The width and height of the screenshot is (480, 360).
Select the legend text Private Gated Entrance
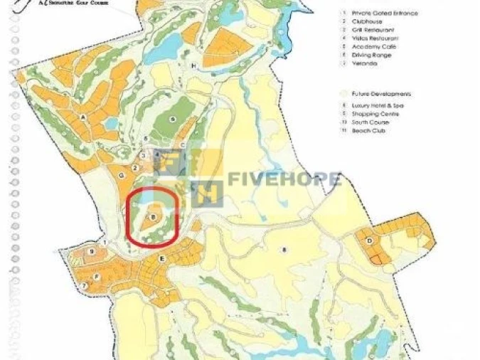(385, 13)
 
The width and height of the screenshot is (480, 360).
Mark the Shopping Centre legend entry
(375, 114)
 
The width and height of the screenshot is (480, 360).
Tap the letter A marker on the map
(83, 117)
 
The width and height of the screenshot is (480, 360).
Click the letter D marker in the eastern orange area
(369, 240)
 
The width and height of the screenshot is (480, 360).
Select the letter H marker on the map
(193, 65)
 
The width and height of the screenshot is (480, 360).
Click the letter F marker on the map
(96, 276)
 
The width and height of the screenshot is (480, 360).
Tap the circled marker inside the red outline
(153, 216)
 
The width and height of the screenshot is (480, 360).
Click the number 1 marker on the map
(104, 243)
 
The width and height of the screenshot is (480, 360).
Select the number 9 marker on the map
(92, 252)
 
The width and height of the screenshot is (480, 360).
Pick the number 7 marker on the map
(84, 286)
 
